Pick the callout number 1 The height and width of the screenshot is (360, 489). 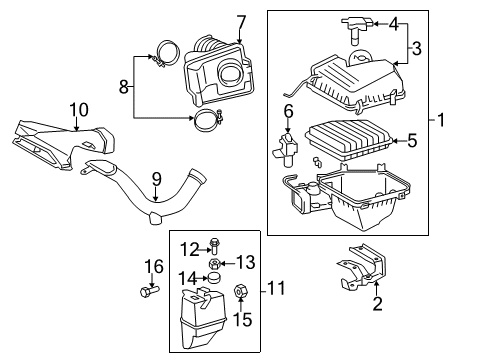(441, 119)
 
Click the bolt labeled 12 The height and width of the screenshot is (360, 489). (214, 249)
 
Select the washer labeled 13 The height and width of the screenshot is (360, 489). (215, 263)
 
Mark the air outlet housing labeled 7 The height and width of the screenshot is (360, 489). (220, 70)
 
